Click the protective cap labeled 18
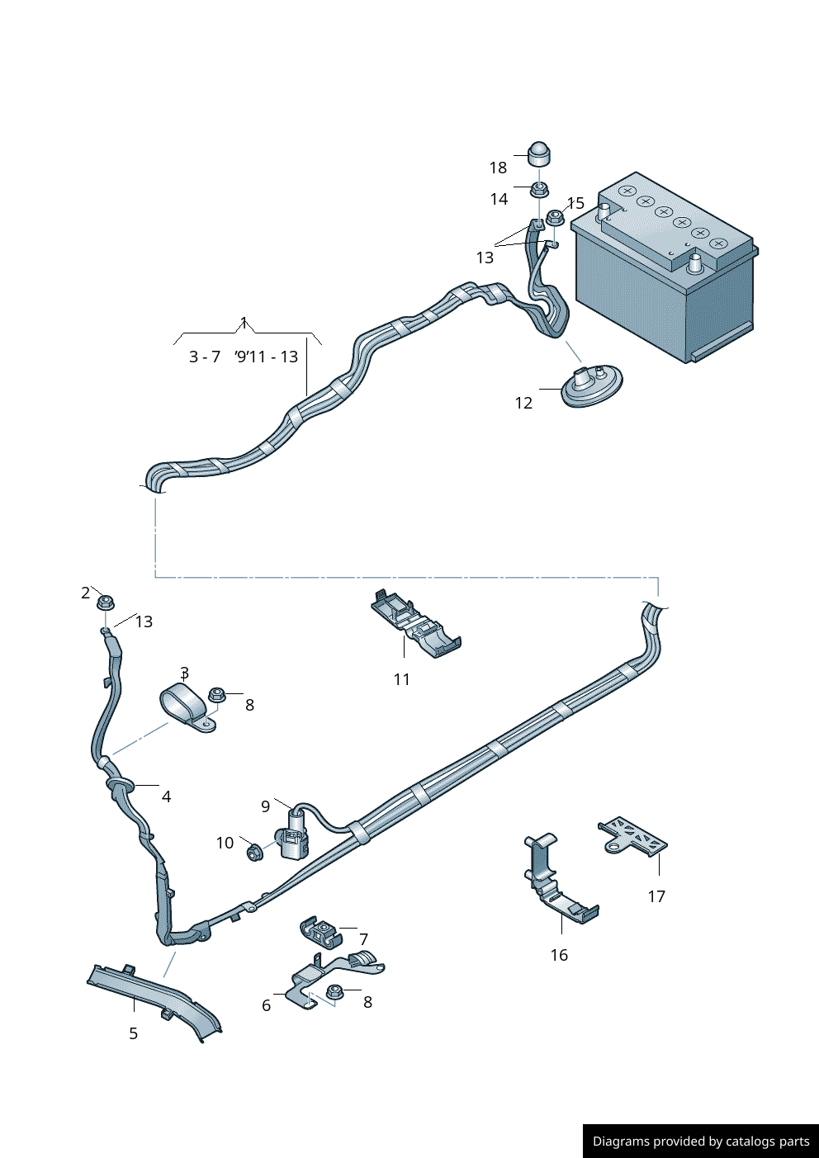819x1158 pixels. (x=538, y=154)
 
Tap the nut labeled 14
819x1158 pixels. (x=538, y=190)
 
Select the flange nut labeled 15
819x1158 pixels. (x=555, y=218)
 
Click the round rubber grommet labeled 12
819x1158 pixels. (x=591, y=385)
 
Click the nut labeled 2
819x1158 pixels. (x=105, y=602)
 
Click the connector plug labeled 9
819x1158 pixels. (x=294, y=835)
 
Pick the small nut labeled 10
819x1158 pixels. (x=254, y=851)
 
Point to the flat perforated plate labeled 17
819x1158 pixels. (x=633, y=835)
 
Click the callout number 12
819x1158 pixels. (x=523, y=403)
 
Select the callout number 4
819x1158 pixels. (x=166, y=796)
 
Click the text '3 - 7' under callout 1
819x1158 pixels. (x=205, y=357)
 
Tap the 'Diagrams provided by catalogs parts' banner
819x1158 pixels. (x=701, y=1141)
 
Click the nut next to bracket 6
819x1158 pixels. (x=335, y=992)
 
